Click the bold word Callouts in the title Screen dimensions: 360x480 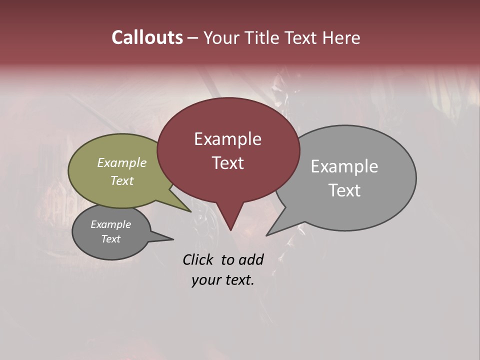[147, 37]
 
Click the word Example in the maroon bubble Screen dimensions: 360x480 [227, 139]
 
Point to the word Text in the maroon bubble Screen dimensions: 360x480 [227, 163]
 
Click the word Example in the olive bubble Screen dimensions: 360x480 [122, 163]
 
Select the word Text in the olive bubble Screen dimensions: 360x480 [122, 180]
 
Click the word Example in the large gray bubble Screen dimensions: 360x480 [344, 166]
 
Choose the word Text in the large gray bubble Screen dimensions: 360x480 [344, 190]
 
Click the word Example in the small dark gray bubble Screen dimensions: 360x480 [111, 224]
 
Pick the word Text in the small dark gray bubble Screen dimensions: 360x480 [111, 239]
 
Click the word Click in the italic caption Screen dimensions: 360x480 [198, 259]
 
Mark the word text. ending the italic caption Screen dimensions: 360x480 [238, 280]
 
